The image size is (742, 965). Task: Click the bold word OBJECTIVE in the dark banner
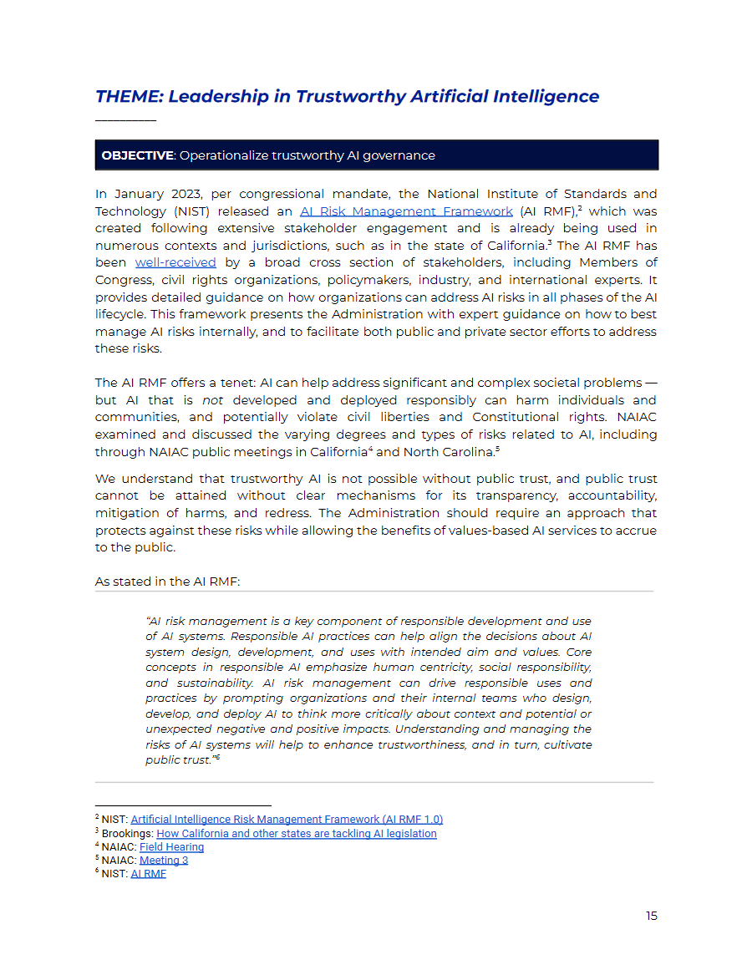[x=137, y=155]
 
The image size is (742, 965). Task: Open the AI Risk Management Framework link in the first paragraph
[x=406, y=211]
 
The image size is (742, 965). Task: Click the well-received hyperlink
[x=175, y=262]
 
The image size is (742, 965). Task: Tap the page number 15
[x=651, y=916]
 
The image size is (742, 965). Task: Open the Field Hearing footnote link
[x=171, y=847]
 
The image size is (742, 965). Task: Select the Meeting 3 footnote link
[x=164, y=861]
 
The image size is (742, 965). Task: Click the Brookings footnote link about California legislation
[x=296, y=834]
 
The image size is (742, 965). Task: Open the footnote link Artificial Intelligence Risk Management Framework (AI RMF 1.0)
[x=287, y=820]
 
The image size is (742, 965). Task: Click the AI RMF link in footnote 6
[x=148, y=874]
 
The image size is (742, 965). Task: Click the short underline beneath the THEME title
[x=125, y=121]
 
